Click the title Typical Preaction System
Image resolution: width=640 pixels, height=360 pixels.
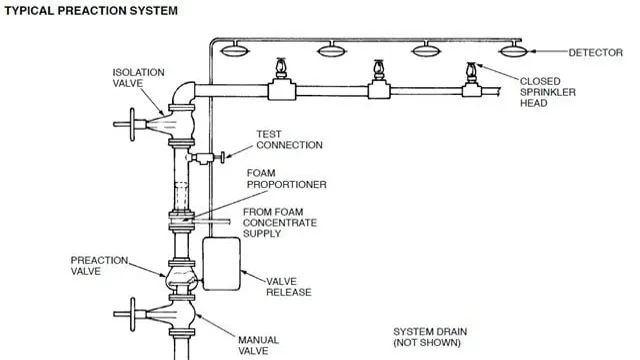coord(91,11)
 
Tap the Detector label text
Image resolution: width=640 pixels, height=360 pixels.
coord(596,53)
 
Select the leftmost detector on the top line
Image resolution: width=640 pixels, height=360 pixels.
coord(234,50)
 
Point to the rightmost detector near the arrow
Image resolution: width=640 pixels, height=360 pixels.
coord(513,50)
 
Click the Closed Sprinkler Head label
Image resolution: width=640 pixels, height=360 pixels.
coord(547,92)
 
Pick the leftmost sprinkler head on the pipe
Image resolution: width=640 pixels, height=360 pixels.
coord(281,69)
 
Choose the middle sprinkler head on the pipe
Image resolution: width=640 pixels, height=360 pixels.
coord(379,69)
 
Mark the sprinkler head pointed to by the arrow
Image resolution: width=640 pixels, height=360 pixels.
coord(471,73)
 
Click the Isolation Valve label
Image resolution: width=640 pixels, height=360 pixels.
coord(138,78)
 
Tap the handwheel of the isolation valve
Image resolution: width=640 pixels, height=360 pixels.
coord(132,124)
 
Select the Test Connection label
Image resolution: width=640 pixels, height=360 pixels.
coord(289,140)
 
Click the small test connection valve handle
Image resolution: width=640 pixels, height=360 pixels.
coord(222,157)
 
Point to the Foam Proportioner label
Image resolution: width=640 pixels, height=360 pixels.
coord(287,179)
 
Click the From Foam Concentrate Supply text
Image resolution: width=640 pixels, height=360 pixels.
coord(280,223)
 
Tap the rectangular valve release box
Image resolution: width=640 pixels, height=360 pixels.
coord(221,264)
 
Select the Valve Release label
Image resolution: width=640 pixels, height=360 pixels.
coord(289,287)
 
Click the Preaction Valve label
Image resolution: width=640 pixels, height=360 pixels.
coord(99,266)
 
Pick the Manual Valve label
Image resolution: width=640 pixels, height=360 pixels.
coord(258,345)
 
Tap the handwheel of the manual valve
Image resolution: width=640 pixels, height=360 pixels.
coord(132,314)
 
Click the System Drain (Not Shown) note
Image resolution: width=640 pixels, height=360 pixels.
coord(430,337)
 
